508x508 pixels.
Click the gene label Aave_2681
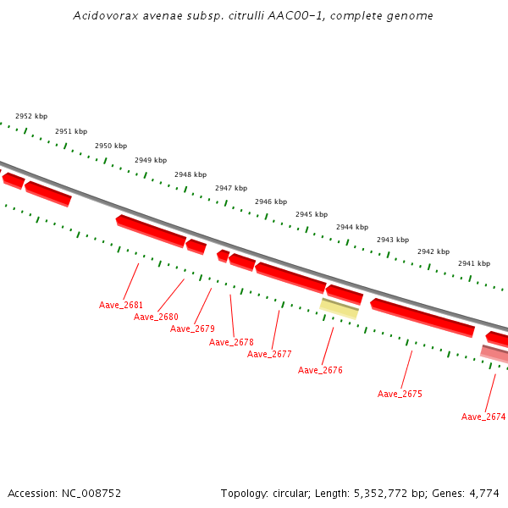point(121,305)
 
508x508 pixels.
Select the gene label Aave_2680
point(156,317)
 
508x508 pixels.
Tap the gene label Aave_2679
point(192,329)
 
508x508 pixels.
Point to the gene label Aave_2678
point(231,342)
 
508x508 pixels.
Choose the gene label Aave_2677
point(269,354)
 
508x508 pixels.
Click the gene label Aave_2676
point(320,370)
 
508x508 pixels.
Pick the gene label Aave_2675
point(400,394)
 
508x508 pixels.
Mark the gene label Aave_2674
point(483,417)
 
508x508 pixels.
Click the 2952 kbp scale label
point(31,116)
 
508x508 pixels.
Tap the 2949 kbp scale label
point(151,160)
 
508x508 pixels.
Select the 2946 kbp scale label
point(271,202)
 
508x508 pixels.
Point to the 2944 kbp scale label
point(352,227)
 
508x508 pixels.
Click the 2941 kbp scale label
point(474,263)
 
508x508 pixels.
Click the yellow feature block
point(339,308)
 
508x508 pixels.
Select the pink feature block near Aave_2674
point(495,353)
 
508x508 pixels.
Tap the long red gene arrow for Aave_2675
point(422,317)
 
